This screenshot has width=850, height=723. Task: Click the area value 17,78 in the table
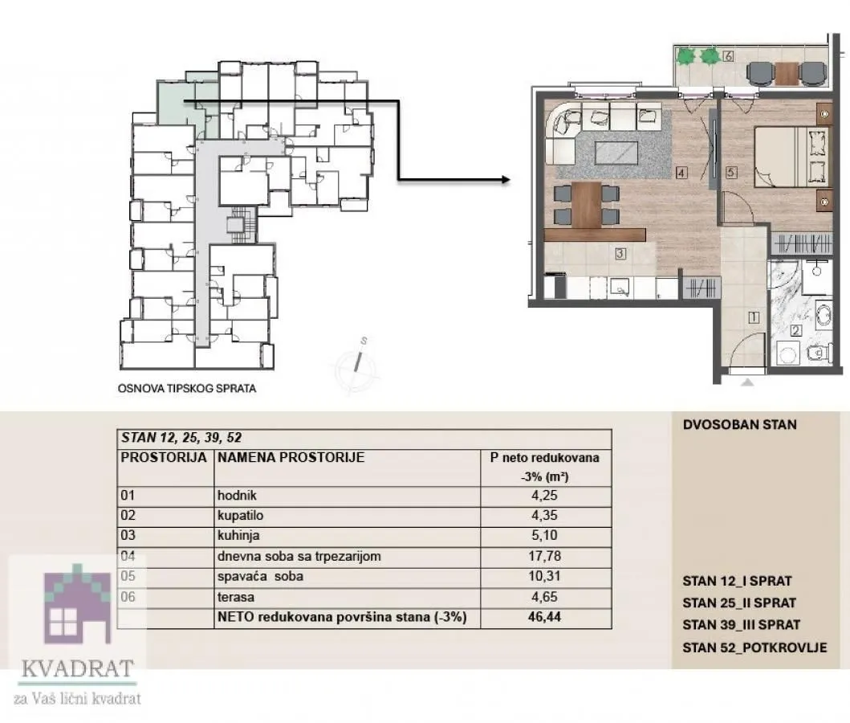click(x=545, y=556)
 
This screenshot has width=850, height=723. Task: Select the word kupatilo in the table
click(x=240, y=514)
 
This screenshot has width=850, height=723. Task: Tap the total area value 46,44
click(x=545, y=618)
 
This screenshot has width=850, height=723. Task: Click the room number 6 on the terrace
click(x=727, y=56)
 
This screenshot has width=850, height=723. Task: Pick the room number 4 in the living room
click(x=680, y=171)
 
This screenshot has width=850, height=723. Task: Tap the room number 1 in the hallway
click(x=753, y=317)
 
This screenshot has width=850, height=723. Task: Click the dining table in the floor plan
click(x=588, y=204)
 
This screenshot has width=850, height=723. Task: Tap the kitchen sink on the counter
click(x=618, y=285)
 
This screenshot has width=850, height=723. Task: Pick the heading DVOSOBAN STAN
click(x=738, y=423)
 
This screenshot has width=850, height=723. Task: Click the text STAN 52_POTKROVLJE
click(x=754, y=647)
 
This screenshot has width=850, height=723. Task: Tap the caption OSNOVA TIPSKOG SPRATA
click(x=186, y=389)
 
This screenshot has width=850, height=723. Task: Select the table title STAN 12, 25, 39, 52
click(x=181, y=438)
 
